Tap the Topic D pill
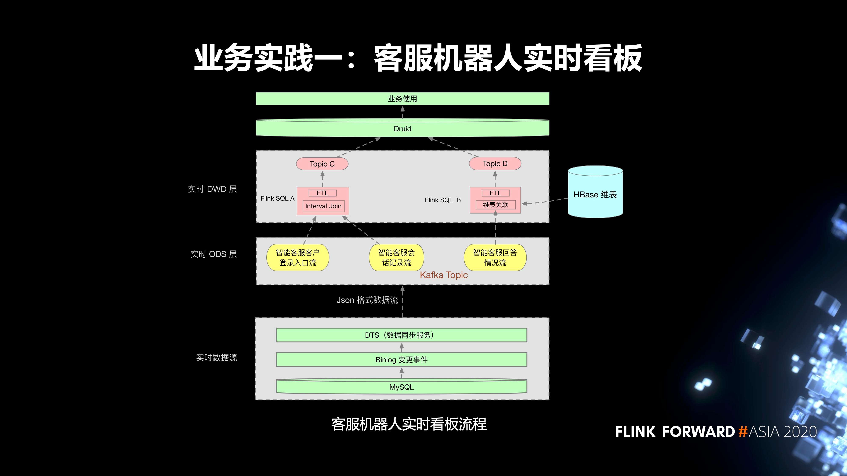pos(495,164)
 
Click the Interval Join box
pos(323,206)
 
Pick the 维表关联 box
pos(495,205)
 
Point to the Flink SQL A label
pos(277,198)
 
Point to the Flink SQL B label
pos(443,200)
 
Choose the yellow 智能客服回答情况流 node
pos(495,257)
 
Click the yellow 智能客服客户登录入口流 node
pos(298,257)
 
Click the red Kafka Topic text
pos(444,275)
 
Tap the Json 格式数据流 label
pos(367,300)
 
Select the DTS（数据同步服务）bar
pos(401,335)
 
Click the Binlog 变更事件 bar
pos(401,360)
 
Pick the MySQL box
pos(401,387)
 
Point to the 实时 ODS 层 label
pos(213,254)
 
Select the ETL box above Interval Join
pos(322,193)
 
